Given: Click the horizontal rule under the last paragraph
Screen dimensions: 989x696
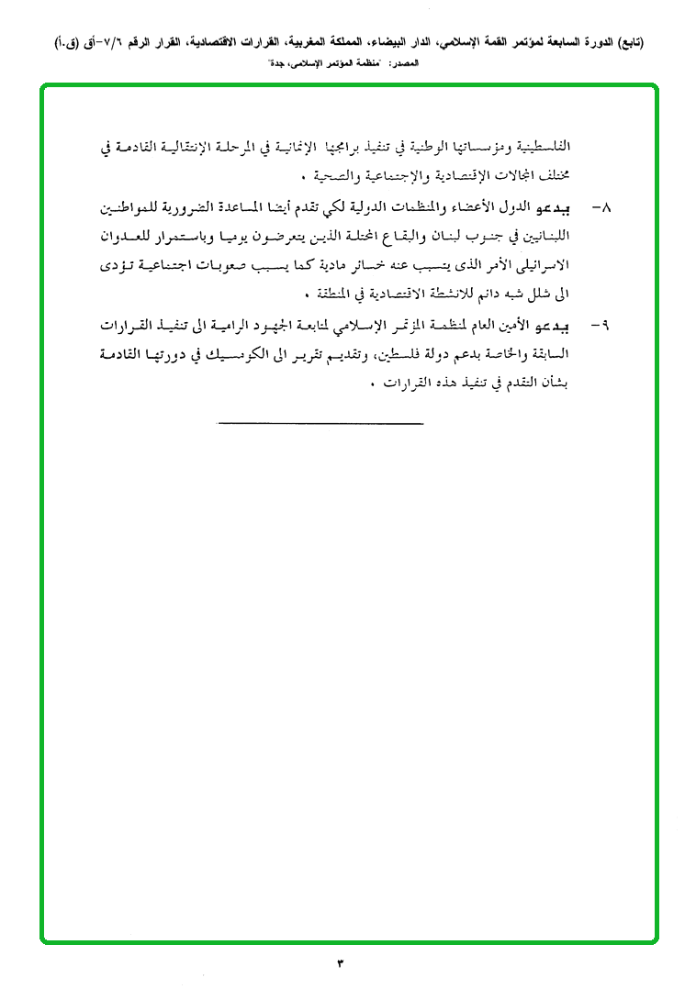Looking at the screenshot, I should point(321,423).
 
